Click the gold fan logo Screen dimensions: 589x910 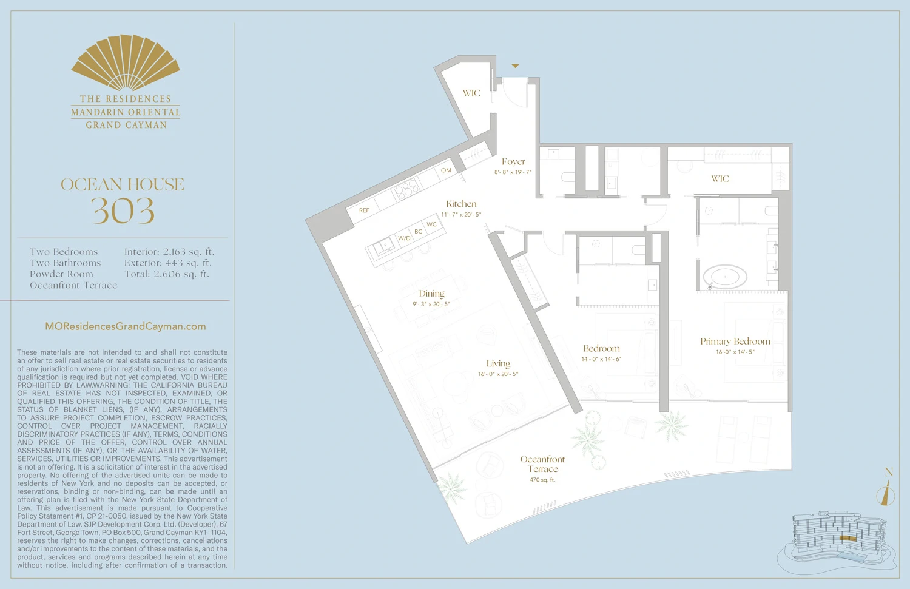tap(126, 63)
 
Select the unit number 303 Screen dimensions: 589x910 tap(123, 211)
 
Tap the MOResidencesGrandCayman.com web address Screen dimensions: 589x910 tap(126, 326)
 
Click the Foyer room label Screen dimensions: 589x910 tap(513, 162)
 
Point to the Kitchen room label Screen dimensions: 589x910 tap(461, 204)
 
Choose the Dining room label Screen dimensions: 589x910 tap(431, 294)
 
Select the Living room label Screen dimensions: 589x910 tap(498, 364)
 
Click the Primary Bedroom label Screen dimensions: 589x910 tap(735, 342)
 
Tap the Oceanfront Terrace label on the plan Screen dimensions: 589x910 tap(542, 464)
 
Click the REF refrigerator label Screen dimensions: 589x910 tap(364, 210)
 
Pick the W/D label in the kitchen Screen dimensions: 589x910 tap(404, 238)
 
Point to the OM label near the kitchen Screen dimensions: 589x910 tap(446, 170)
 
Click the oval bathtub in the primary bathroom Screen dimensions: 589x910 tap(725, 277)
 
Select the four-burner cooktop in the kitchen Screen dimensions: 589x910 tap(406, 190)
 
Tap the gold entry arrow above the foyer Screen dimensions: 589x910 tap(515, 66)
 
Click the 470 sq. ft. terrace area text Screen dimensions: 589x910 tap(542, 480)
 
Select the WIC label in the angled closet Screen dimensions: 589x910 tap(471, 93)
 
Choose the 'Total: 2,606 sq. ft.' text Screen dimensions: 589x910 tap(167, 274)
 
